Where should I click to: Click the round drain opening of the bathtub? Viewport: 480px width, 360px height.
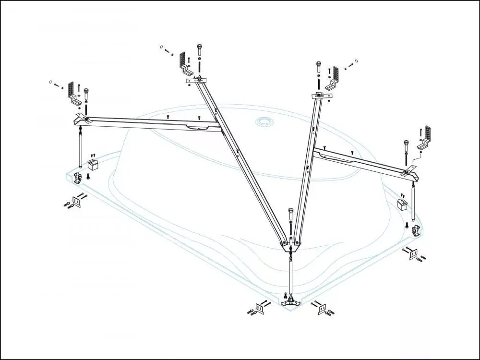264,122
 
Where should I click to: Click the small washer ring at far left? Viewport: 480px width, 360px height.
50,82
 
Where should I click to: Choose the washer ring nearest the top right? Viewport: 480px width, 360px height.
356,61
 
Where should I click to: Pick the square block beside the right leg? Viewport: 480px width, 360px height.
401,205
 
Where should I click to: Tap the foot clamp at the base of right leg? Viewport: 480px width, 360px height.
417,230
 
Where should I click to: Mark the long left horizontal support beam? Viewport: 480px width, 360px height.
149,122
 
